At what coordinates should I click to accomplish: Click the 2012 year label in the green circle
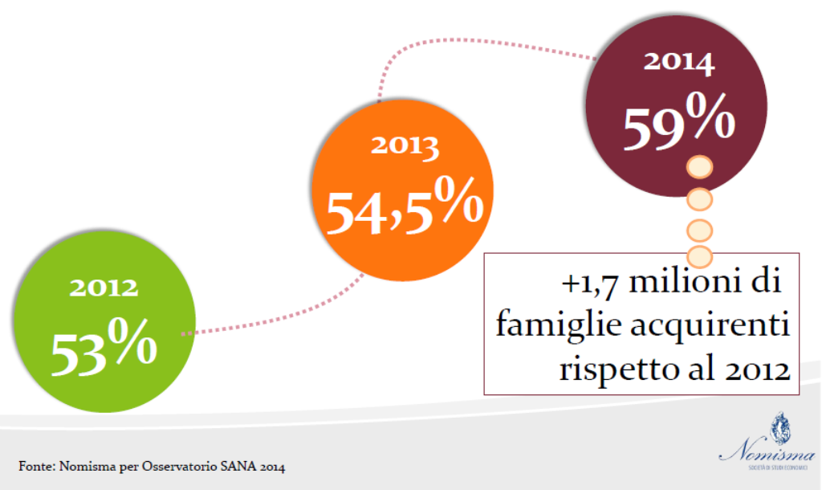104,288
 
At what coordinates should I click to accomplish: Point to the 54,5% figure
404,210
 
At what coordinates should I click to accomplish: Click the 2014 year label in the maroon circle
679,63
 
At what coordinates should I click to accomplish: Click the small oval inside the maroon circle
699,168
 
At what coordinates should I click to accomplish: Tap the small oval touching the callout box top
699,256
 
